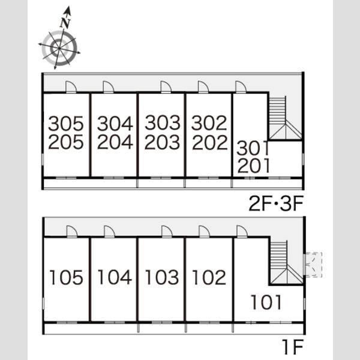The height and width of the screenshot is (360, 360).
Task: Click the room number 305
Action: (65, 123)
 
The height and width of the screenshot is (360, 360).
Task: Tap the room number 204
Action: (115, 142)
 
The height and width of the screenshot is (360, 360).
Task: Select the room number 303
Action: (163, 122)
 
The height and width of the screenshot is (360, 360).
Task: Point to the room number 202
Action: (209, 142)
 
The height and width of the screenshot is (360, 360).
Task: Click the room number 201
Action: (253, 166)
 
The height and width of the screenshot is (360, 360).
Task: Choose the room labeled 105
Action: (66, 277)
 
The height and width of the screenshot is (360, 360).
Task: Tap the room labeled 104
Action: (115, 277)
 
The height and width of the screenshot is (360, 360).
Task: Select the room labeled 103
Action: (162, 277)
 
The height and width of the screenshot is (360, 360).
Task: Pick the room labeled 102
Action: (209, 277)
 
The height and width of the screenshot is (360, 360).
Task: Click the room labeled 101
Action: (266, 302)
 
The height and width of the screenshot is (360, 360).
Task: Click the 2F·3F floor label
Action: (276, 203)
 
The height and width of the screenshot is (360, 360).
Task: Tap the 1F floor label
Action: (293, 346)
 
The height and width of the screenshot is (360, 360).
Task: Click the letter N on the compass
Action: (65, 23)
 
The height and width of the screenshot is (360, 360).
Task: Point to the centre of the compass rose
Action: (59, 48)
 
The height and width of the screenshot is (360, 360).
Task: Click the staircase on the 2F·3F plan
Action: (285, 118)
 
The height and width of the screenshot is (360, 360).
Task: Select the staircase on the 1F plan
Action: (286, 262)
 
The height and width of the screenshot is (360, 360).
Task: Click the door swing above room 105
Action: (71, 231)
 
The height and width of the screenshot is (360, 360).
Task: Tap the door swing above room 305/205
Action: (71, 87)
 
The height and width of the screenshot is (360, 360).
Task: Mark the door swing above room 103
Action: (167, 231)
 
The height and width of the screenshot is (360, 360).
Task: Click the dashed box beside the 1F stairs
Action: (313, 265)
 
